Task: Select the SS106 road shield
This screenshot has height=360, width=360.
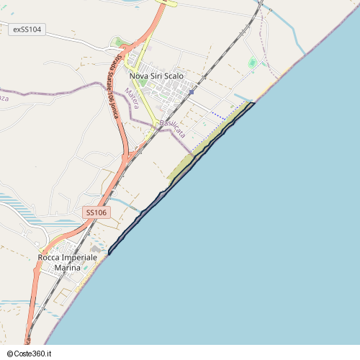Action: (96, 212)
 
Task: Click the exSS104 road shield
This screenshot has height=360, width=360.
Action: (28, 30)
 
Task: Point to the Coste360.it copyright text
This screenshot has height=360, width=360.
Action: (32, 354)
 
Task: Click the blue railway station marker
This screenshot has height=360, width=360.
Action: (192, 92)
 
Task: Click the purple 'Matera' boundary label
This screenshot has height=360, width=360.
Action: (130, 98)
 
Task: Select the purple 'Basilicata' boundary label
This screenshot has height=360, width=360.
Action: (173, 128)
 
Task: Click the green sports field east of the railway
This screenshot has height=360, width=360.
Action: (252, 63)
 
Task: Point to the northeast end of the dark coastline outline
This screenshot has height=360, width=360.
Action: (254, 104)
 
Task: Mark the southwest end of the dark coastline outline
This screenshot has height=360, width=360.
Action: (109, 253)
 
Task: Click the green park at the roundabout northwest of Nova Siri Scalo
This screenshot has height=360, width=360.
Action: (119, 42)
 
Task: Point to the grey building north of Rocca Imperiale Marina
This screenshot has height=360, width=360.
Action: (96, 248)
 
